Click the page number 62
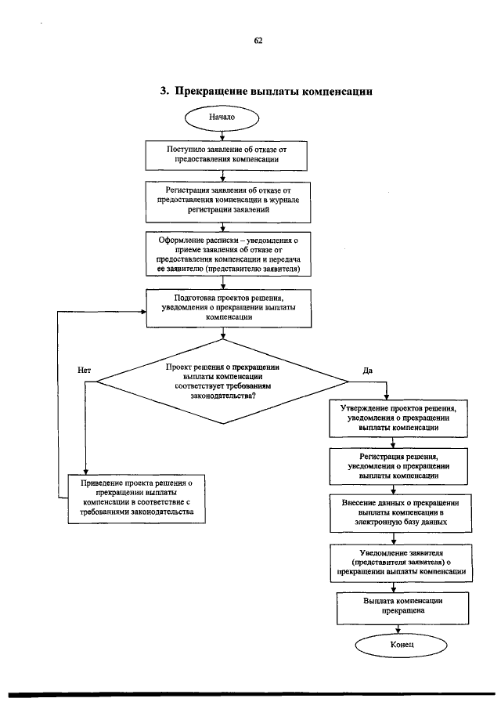click(258, 41)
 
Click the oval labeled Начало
click(222, 118)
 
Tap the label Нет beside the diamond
click(84, 371)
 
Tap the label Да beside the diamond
click(368, 371)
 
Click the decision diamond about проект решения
click(223, 382)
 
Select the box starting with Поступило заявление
click(226, 156)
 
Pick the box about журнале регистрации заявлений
click(228, 202)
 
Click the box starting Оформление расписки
click(228, 254)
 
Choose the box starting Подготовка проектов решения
click(229, 309)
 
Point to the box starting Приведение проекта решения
click(136, 499)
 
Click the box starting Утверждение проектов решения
click(398, 418)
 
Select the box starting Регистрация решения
click(398, 466)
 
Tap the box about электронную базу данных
click(401, 513)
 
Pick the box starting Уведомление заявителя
click(401, 563)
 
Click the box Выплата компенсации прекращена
click(402, 608)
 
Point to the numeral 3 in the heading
click(164, 91)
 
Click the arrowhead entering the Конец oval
click(398, 631)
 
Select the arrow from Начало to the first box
click(222, 136)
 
